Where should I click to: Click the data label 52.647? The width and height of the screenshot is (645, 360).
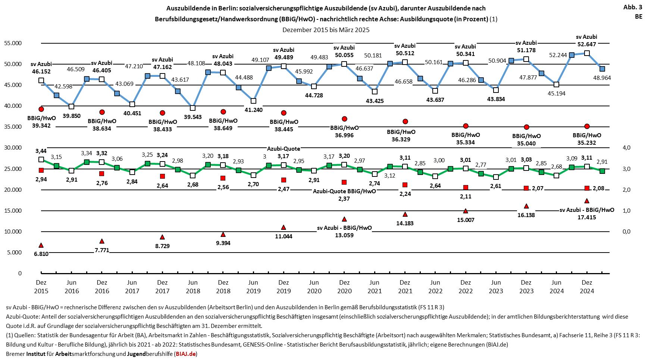[586, 44]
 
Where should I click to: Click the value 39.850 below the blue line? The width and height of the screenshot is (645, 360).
[72, 116]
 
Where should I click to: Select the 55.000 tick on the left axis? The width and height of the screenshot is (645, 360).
[13, 43]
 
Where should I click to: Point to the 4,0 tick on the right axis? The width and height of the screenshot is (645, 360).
[626, 148]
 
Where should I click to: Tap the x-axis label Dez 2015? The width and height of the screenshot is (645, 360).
[41, 287]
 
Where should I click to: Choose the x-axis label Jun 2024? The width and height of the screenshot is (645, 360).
[557, 287]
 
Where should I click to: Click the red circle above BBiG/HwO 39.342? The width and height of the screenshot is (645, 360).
[41, 109]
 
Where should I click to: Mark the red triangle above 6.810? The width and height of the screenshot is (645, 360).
[41, 245]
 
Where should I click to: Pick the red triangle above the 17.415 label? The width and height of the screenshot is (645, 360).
[587, 201]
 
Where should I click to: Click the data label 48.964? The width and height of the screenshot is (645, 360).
[602, 78]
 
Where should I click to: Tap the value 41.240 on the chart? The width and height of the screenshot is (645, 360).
[254, 110]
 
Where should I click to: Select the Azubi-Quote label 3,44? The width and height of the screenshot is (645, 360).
[41, 151]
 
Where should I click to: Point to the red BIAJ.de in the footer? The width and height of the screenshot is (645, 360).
[185, 354]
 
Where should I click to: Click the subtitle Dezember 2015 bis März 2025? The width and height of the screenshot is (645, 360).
[326, 30]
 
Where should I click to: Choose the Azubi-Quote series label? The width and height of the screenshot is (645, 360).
[284, 149]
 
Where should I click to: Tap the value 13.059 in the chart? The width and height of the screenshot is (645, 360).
[344, 235]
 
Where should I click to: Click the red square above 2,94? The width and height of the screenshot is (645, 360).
[41, 170]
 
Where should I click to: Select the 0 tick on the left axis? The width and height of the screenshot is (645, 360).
[20, 273]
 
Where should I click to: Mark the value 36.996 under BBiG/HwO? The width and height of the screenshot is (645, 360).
[344, 135]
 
